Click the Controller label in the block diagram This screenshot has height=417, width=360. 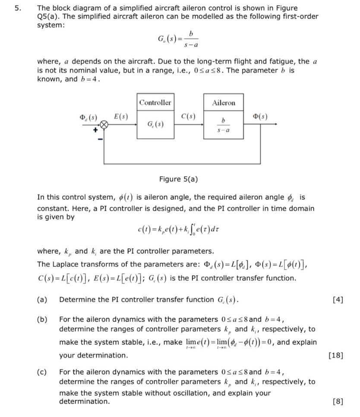[x=155, y=102]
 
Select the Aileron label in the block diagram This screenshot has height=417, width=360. [x=224, y=103]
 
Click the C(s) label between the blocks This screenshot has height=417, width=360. [x=189, y=116]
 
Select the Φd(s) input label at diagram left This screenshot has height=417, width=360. [x=88, y=117]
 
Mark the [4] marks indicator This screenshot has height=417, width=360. [x=338, y=300]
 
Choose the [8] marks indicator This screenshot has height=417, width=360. [x=338, y=401]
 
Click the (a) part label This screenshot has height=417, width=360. [x=42, y=300]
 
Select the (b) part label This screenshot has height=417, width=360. [x=42, y=320]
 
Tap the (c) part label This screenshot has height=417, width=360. [x=42, y=372]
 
